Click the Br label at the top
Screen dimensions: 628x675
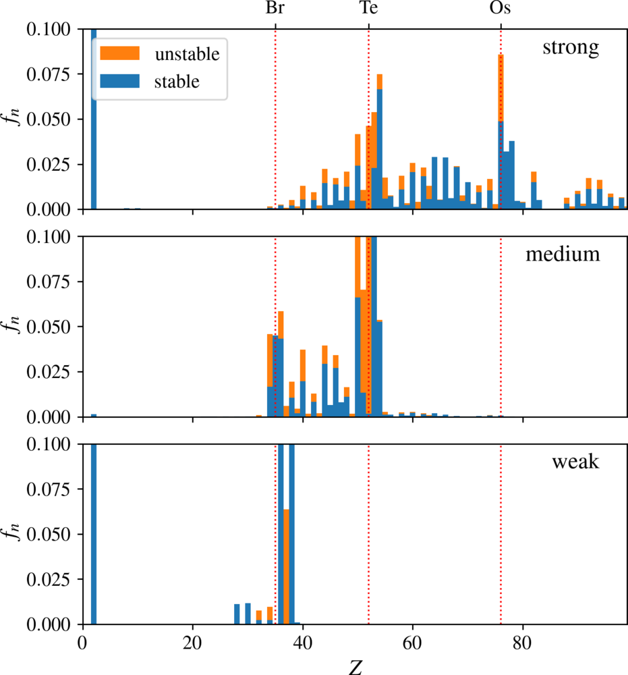275,7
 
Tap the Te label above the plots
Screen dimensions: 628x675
368,7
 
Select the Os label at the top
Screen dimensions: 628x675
501,7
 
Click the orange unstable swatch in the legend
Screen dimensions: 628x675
119,53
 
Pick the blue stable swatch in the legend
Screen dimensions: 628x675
119,81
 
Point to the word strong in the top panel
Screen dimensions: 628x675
571,47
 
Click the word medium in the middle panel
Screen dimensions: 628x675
563,254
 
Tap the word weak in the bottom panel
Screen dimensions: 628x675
575,462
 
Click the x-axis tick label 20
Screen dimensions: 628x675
192,643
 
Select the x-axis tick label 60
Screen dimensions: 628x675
413,643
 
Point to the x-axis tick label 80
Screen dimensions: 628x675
523,643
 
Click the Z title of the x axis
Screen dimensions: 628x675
355,667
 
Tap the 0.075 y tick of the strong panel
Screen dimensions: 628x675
48,74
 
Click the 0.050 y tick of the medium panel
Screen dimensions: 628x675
48,327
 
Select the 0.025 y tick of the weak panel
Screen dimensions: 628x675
48,579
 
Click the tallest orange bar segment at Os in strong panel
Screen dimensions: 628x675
501,88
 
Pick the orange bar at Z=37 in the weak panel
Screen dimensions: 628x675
286,566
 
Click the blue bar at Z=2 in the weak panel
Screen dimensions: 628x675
94,534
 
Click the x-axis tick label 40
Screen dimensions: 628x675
302,643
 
